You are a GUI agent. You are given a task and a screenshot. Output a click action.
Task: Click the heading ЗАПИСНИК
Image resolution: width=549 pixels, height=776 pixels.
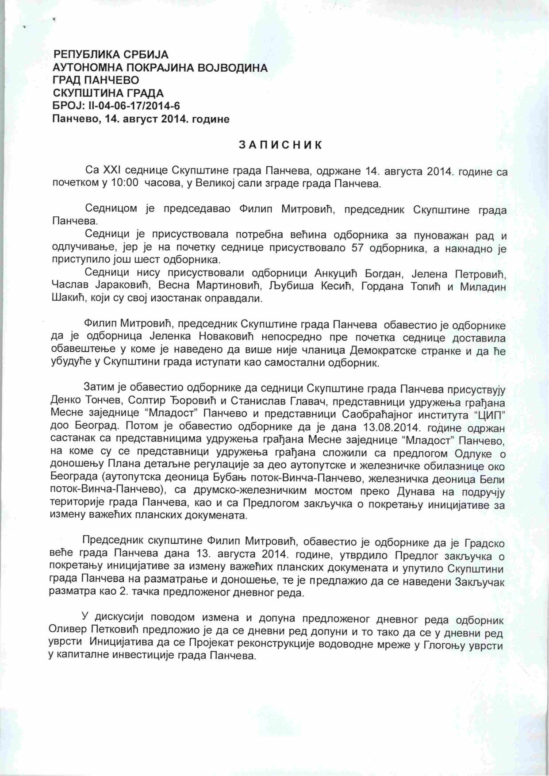click(x=280, y=145)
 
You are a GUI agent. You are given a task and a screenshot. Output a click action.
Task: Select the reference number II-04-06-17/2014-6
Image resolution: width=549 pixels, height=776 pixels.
click(x=131, y=106)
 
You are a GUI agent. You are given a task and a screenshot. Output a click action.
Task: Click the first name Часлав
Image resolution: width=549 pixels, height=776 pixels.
click(x=69, y=286)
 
